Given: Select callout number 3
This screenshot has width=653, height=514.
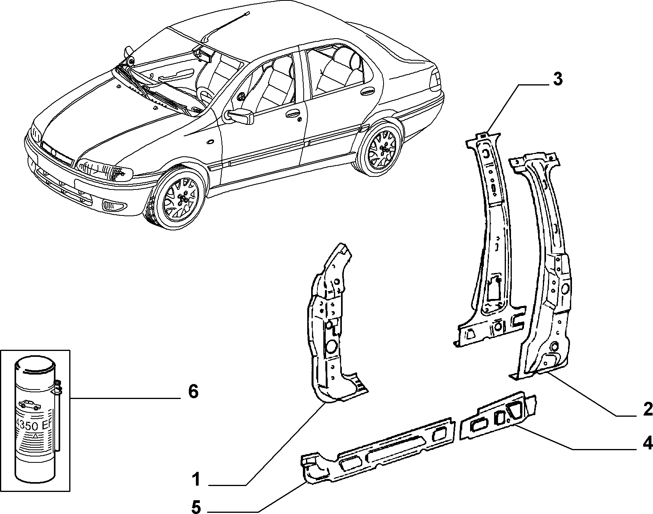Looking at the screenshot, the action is [x=558, y=79].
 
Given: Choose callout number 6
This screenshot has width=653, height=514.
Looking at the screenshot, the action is [x=193, y=392].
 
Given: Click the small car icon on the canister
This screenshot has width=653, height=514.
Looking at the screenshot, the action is [x=28, y=405].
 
